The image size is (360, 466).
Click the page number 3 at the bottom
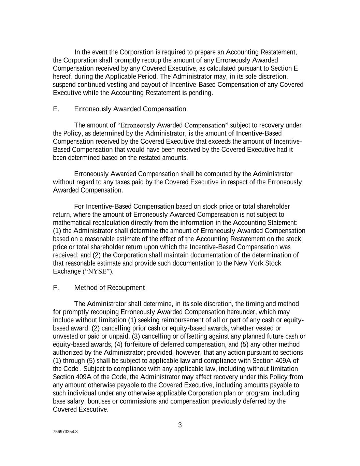tap(180, 425)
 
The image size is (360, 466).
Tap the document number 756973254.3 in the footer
tap(65, 432)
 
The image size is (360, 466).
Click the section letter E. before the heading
tap(56, 109)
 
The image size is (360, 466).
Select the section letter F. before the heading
tap(56, 287)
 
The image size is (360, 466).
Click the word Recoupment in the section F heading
tap(126, 287)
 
